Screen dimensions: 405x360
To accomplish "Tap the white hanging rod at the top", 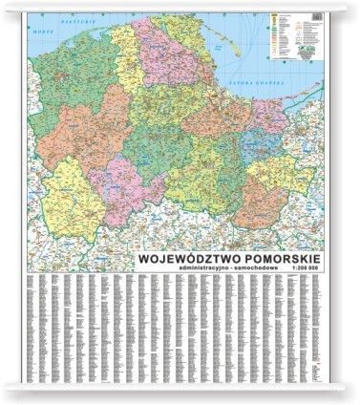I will coord(180,6).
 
